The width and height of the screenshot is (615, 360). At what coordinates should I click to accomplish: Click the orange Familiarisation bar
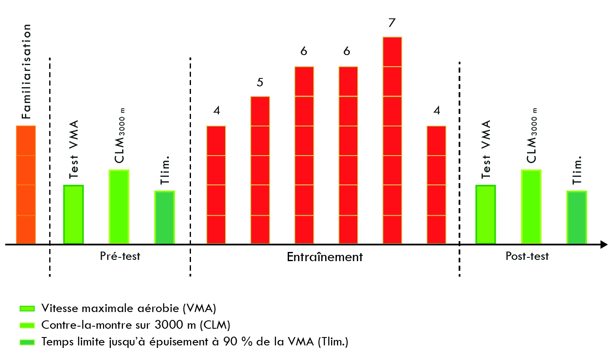click(26, 185)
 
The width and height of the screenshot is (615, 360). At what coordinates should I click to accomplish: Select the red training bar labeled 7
click(392, 140)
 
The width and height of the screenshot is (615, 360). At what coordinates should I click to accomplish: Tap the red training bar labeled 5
click(260, 170)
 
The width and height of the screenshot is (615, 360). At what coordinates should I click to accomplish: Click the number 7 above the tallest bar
click(392, 23)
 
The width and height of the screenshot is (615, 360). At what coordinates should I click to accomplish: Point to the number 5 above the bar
click(260, 83)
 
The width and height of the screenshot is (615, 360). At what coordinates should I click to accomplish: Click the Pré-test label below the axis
click(120, 256)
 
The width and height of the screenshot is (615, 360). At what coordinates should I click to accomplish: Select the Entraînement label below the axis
click(324, 257)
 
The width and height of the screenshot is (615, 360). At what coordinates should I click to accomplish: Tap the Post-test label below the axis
click(527, 256)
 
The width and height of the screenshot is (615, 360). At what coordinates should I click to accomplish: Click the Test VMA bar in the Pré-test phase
click(73, 214)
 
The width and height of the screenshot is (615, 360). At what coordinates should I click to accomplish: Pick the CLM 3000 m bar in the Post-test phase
click(531, 206)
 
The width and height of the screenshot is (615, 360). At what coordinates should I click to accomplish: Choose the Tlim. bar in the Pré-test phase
click(165, 217)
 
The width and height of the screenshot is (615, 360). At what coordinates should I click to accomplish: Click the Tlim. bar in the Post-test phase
click(577, 217)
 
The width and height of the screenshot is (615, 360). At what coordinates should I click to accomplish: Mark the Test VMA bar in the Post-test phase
click(486, 214)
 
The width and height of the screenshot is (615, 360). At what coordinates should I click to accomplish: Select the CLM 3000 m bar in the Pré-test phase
click(119, 206)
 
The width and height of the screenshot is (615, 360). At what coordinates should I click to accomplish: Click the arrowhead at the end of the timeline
click(604, 244)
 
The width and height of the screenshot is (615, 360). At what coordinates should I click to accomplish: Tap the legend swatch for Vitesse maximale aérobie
click(27, 309)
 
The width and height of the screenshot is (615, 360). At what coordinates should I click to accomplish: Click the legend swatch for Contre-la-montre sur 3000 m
click(27, 325)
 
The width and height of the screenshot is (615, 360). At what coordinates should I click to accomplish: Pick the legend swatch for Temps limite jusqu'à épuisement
click(27, 342)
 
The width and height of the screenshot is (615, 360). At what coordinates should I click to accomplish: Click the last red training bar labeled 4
click(436, 185)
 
